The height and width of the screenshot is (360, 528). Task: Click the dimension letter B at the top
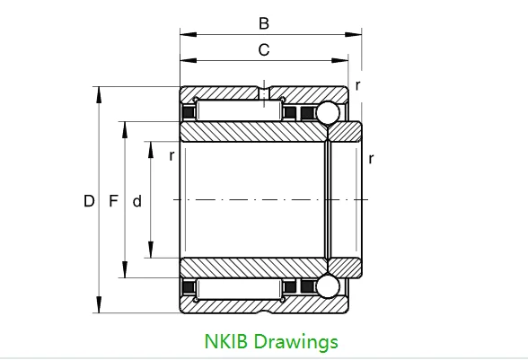[x=264, y=23]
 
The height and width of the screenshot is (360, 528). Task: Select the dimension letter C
[x=264, y=50]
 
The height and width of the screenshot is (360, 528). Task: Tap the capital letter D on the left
[x=89, y=202]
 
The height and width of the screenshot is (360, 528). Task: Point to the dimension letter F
[x=113, y=202]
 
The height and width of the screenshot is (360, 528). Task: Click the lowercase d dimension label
[x=136, y=202]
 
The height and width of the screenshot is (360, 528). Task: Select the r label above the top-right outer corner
[x=357, y=85]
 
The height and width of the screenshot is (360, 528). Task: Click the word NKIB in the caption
[x=225, y=341]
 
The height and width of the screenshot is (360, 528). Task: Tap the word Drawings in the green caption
[x=296, y=342]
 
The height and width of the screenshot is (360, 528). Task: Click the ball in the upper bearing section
[x=326, y=113]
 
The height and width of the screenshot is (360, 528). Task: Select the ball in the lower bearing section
[x=326, y=285]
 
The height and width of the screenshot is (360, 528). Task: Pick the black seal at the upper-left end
[x=189, y=114]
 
